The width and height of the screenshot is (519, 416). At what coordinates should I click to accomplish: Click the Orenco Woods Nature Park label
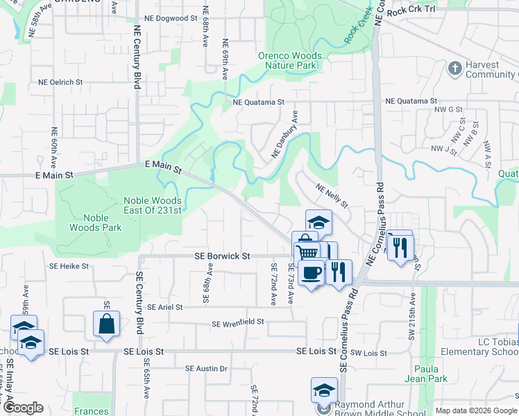(x=290, y=61)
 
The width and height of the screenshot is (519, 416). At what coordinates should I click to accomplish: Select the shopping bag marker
(x=107, y=324)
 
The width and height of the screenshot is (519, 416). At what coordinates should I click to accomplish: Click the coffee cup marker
(x=312, y=271)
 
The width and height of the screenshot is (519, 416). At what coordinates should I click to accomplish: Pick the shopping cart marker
(x=306, y=250)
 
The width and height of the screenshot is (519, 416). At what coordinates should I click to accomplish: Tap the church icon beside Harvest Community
(x=455, y=68)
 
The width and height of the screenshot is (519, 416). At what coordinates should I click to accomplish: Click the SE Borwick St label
(x=222, y=256)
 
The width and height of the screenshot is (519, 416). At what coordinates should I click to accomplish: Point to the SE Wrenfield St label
(x=238, y=323)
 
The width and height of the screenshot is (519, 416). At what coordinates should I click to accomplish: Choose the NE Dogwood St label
(x=166, y=19)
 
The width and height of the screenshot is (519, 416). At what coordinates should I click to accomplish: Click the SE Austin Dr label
(x=206, y=368)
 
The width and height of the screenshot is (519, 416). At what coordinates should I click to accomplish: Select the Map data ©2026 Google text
(x=475, y=410)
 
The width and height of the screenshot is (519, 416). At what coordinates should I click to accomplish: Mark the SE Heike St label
(x=69, y=266)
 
